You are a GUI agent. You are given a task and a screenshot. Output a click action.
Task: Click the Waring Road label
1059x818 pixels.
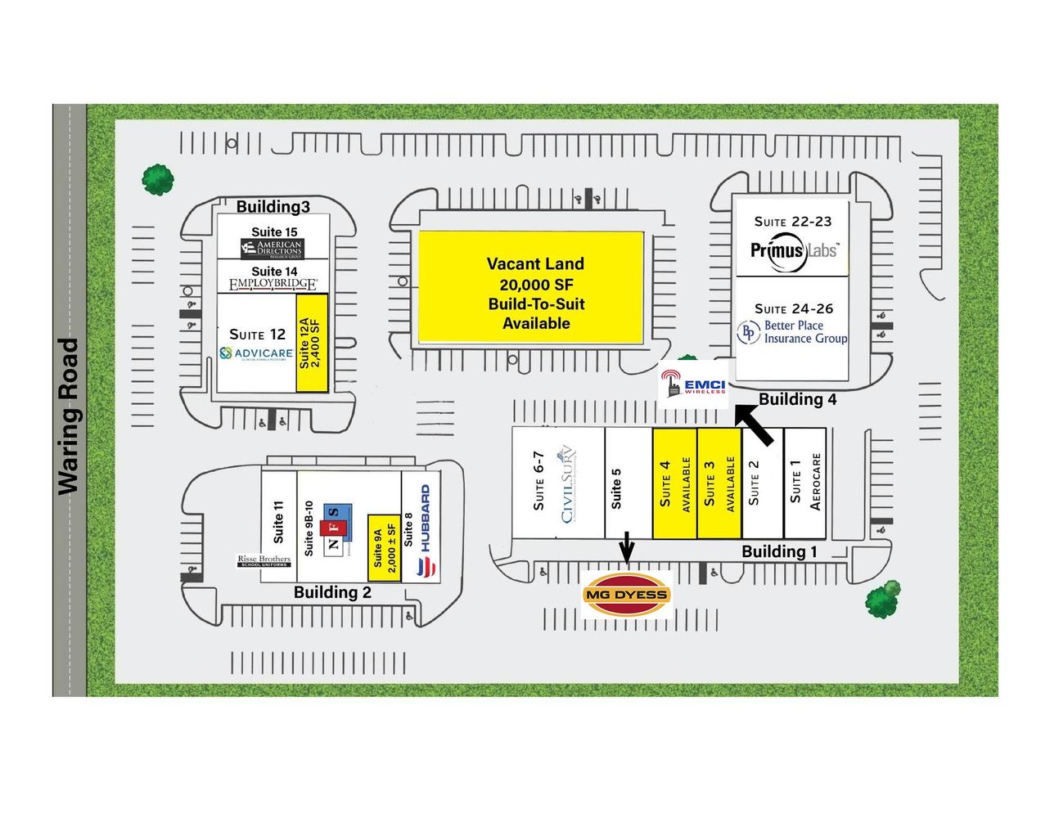(69, 416)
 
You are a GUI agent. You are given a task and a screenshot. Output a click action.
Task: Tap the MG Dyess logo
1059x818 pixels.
(626, 595)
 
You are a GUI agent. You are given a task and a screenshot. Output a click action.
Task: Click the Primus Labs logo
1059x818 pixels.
(793, 249)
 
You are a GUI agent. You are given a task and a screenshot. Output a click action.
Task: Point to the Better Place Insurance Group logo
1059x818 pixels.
(792, 332)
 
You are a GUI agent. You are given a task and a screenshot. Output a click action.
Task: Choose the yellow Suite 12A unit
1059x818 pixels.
(312, 344)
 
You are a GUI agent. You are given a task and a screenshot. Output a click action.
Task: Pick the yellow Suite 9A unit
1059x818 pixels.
(383, 546)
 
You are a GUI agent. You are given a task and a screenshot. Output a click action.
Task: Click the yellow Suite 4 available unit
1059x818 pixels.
(674, 483)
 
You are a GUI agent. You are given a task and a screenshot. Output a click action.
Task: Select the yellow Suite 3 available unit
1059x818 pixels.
(719, 483)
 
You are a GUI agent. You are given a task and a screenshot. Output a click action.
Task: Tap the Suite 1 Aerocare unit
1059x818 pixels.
(804, 483)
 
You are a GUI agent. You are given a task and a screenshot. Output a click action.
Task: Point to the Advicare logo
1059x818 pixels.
(256, 353)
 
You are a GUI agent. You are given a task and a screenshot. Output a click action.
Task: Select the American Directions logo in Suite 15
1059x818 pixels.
(272, 248)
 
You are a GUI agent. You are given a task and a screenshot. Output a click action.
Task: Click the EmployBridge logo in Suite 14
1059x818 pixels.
(273, 285)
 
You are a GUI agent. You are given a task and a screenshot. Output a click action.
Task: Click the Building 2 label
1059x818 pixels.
(332, 592)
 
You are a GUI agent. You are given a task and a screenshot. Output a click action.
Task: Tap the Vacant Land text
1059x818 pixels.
(535, 264)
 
